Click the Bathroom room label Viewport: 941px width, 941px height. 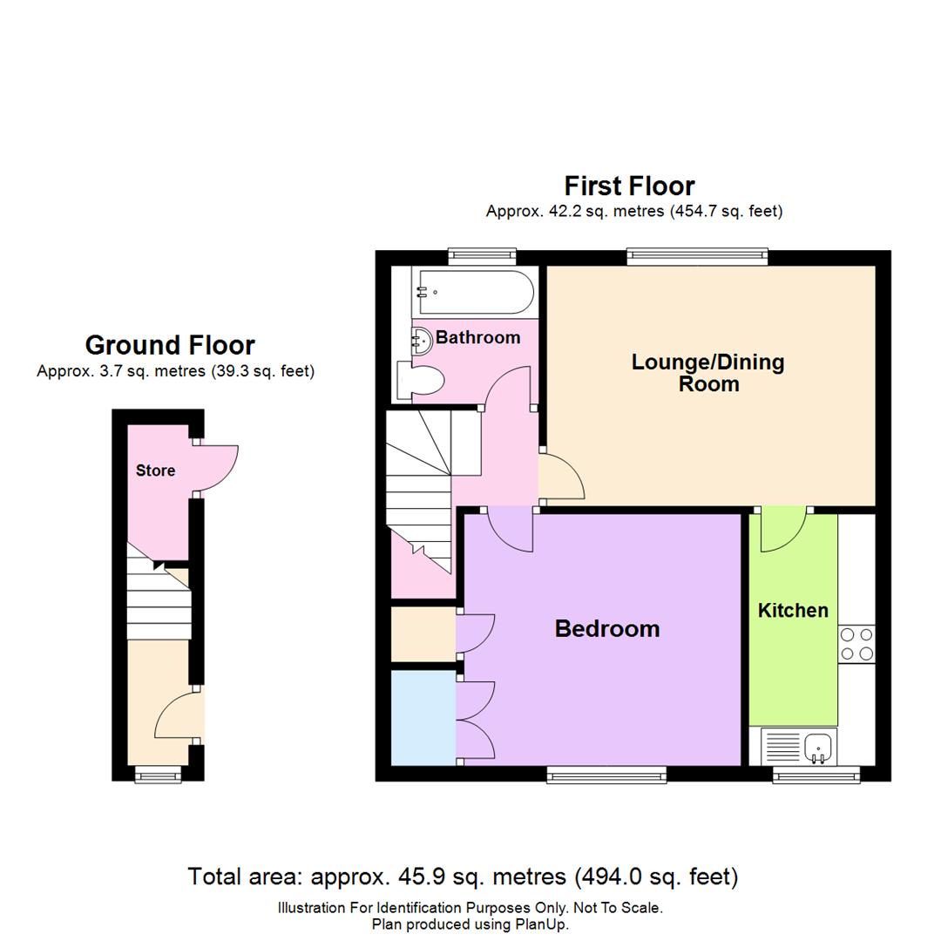point(477,337)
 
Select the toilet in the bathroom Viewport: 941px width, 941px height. point(419,381)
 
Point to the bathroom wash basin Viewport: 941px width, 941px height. point(422,341)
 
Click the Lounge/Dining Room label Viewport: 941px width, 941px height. point(707,372)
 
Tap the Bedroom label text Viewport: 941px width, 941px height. point(606,628)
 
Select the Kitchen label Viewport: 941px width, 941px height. point(792,610)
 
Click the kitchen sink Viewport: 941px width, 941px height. point(817,747)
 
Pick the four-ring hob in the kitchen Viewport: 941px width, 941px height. point(856,644)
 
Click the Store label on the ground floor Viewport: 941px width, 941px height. point(155,470)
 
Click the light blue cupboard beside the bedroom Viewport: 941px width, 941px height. point(423,717)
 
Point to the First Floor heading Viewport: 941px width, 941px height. point(629,186)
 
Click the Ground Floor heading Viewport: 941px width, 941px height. point(170,345)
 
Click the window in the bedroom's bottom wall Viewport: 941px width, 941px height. point(606,774)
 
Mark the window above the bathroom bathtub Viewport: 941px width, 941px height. point(482,256)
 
